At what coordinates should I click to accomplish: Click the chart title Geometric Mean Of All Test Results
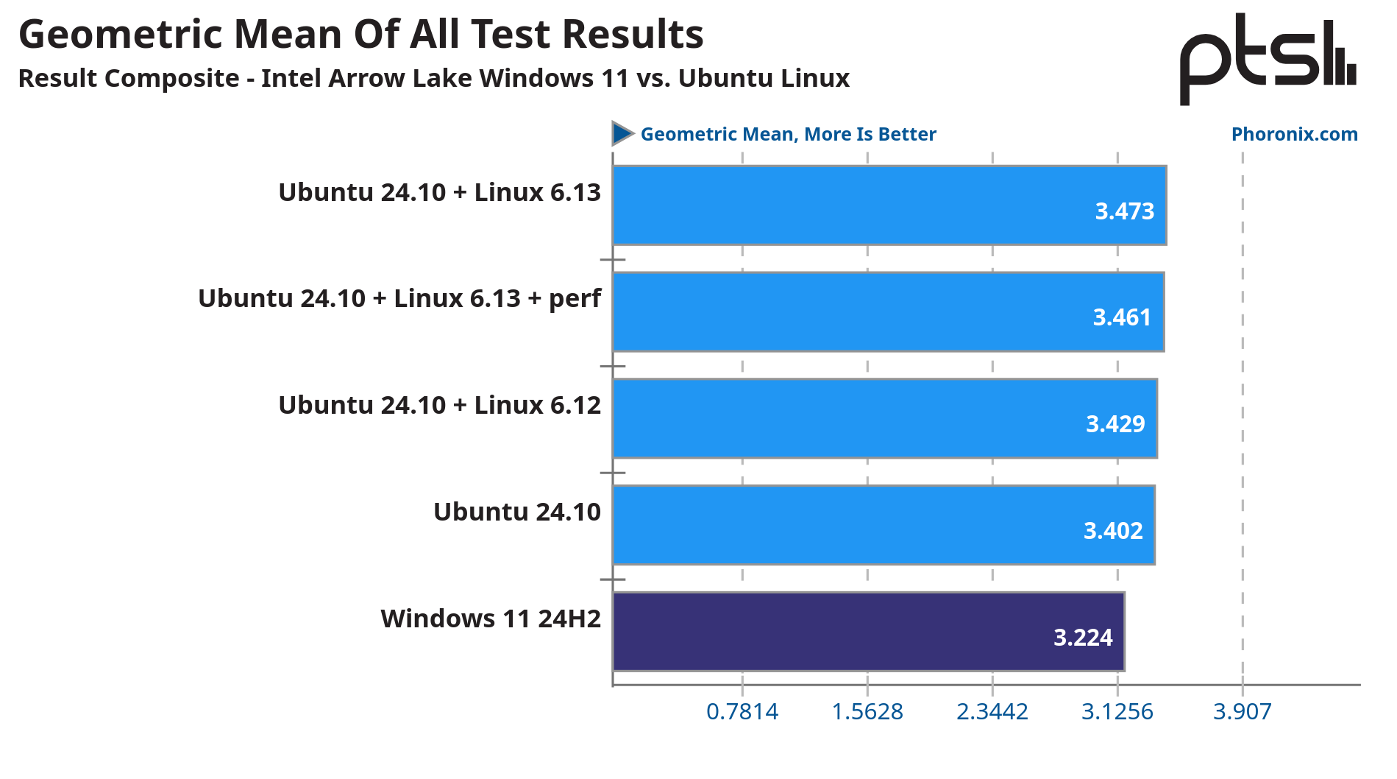click(x=360, y=35)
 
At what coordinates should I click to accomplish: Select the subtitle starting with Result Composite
click(x=433, y=78)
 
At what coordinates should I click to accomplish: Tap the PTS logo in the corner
click(x=1268, y=59)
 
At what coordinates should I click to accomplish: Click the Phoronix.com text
click(x=1294, y=134)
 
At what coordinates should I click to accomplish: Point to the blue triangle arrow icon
click(x=622, y=133)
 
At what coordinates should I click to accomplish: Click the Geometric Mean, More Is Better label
click(x=788, y=134)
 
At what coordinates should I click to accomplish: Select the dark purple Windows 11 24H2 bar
click(x=868, y=632)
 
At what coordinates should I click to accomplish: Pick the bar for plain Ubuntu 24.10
click(x=883, y=525)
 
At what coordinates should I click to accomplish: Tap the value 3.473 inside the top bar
click(x=1124, y=211)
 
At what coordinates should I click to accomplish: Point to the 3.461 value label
click(x=1121, y=317)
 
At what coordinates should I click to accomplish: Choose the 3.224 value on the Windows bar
click(x=1083, y=637)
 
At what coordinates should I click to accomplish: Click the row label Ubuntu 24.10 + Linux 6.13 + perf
click(x=399, y=298)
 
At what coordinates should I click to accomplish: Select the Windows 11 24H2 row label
click(x=491, y=618)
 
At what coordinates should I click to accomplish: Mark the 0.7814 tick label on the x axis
click(x=742, y=711)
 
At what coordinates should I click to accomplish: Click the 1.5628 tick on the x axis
click(x=867, y=711)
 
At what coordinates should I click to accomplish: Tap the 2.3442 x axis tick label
click(x=992, y=711)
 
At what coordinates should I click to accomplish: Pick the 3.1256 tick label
click(x=1117, y=711)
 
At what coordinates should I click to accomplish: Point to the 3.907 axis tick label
click(x=1242, y=711)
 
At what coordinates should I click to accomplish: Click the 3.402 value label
click(x=1113, y=531)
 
